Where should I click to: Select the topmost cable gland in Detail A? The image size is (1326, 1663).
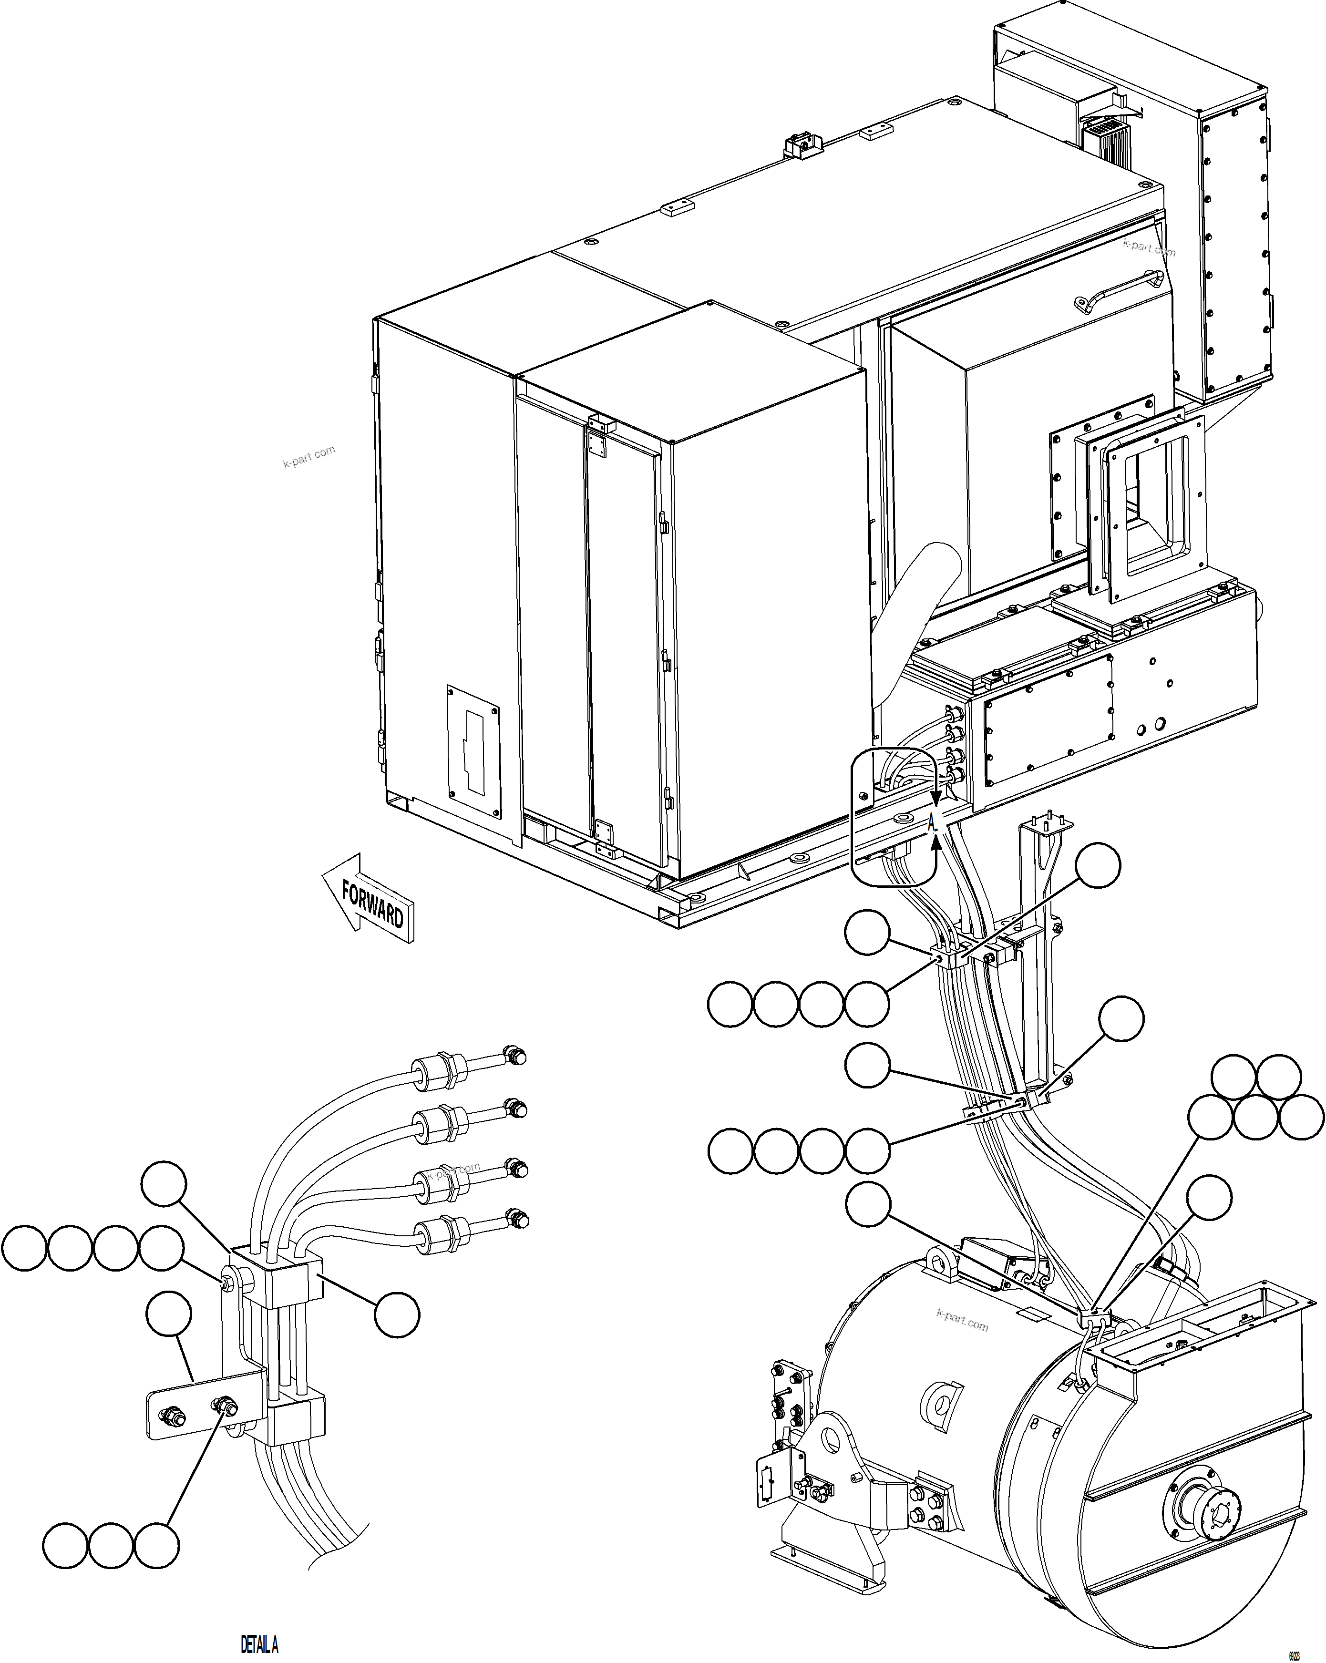[x=440, y=1073]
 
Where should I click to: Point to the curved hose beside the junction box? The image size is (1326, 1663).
[x=910, y=617]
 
